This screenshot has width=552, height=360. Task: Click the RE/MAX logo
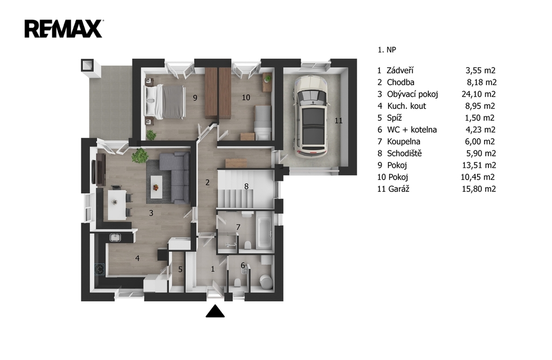[x=64, y=29]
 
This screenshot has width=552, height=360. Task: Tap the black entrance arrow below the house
[x=215, y=311]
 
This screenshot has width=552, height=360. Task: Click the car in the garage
[x=311, y=115]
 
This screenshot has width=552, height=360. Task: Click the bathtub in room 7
[x=264, y=233]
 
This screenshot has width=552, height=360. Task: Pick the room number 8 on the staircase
[x=246, y=186]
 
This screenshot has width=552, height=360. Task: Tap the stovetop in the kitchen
[x=100, y=269]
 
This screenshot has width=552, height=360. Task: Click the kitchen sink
[x=115, y=238]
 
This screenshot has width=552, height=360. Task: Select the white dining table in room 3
[x=117, y=204]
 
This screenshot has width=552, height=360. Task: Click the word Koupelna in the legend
[x=403, y=141]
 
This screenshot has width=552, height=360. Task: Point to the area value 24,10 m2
[x=479, y=94]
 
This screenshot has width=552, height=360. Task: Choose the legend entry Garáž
[x=399, y=189]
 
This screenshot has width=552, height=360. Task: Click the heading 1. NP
[x=387, y=50]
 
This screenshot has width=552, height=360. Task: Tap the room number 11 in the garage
[x=339, y=121]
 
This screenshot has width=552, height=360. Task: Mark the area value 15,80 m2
[x=479, y=189]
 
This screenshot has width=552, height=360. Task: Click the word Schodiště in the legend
[x=404, y=154]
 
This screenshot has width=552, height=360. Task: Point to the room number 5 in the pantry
[x=180, y=269]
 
